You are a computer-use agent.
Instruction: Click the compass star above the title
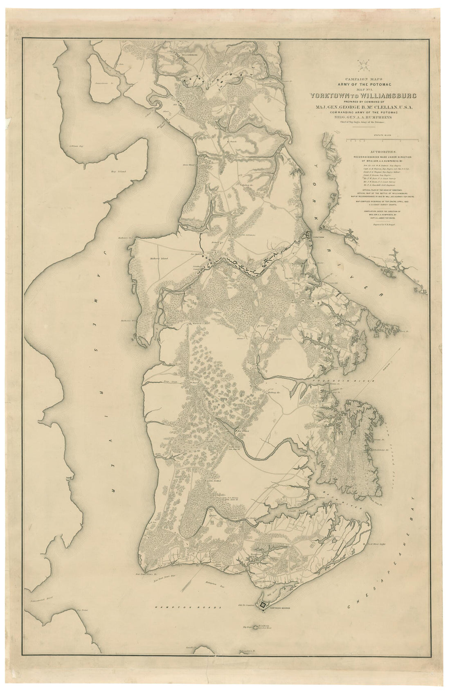pos(363,64)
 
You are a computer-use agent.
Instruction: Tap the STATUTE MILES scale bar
pos(382,140)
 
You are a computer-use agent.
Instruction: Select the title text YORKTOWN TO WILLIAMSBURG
pos(363,96)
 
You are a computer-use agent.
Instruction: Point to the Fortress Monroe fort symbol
pos(263,604)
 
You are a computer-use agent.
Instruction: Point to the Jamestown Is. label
pos(103,83)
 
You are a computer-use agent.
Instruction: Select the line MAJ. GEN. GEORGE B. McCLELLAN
pos(363,107)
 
